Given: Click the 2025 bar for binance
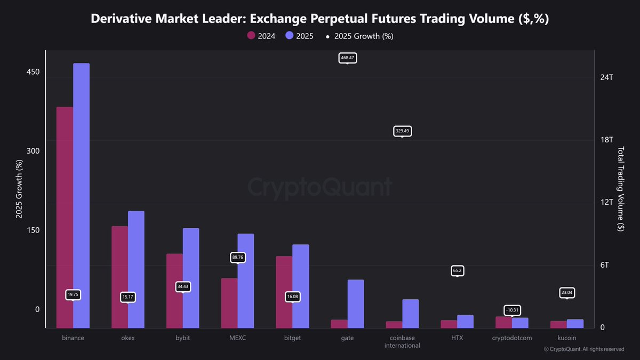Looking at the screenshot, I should click(81, 195).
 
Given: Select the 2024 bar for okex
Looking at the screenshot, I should click(119, 277).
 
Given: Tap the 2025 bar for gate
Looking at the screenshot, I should click(355, 303).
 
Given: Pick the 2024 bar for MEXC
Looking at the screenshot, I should click(229, 302).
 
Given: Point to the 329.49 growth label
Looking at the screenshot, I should click(402, 131).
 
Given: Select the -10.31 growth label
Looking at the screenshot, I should click(512, 310).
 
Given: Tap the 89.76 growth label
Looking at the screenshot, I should click(238, 257).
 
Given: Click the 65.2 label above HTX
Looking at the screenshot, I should click(457, 271).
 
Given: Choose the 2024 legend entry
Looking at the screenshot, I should click(261, 36).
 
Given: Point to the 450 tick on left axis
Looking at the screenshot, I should click(34, 72).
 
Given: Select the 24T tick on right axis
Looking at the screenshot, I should click(607, 77).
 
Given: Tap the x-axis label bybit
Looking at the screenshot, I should click(182, 338).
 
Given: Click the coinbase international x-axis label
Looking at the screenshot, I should click(402, 341).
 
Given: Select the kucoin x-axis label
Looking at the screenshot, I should click(567, 338).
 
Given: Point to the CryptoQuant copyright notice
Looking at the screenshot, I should click(583, 349).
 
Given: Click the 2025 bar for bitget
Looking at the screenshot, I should click(301, 286).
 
